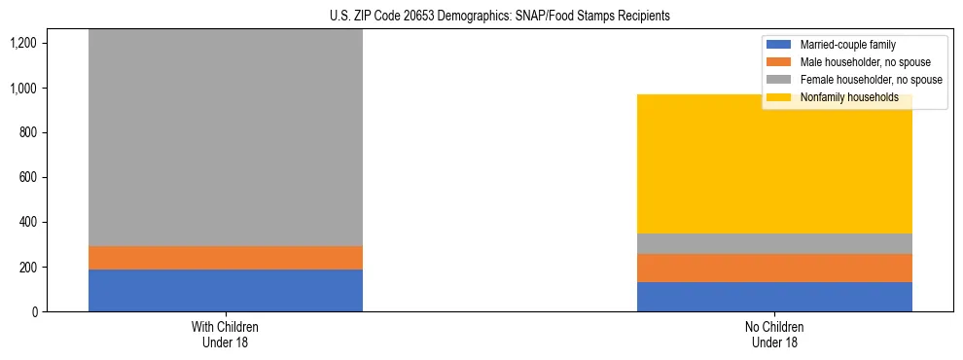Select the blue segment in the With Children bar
pyautogui.click(x=226, y=290)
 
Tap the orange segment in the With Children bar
pyautogui.click(x=226, y=258)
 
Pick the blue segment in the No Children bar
pyautogui.click(x=774, y=297)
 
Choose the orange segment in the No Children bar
pyautogui.click(x=774, y=268)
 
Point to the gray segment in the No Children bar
pyautogui.click(x=774, y=243)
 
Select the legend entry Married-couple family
pyautogui.click(x=847, y=45)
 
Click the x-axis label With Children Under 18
pyautogui.click(x=226, y=334)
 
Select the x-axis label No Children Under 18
pyautogui.click(x=774, y=334)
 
